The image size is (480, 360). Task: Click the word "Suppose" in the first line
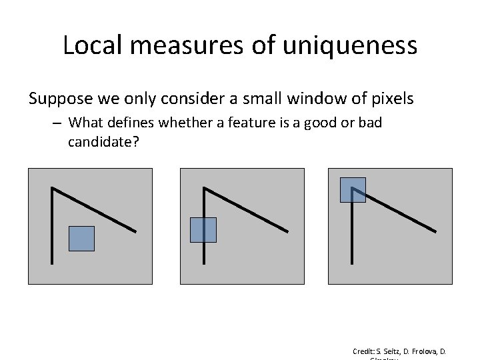click(x=58, y=99)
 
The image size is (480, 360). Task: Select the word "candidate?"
click(x=103, y=141)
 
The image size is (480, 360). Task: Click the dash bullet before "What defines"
click(x=58, y=123)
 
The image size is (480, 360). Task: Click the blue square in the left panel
click(x=81, y=239)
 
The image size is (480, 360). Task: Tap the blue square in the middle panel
click(x=203, y=229)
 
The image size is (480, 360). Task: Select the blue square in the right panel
click(x=353, y=189)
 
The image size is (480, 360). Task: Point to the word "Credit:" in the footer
click(x=365, y=351)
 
